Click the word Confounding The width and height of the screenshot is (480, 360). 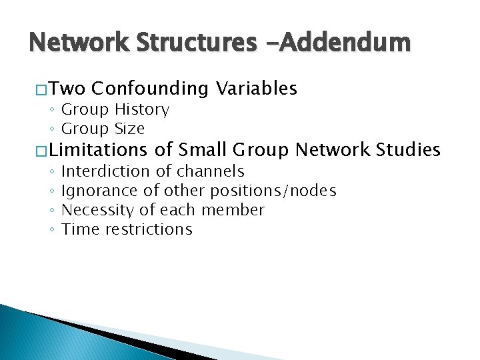coord(151,89)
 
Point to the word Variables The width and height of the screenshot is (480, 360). coord(257,89)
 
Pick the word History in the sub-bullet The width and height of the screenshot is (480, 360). coord(142,110)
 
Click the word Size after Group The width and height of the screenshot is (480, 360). coord(129,129)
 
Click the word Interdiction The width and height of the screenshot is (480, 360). coord(105,172)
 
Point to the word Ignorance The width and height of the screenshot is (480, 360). coord(100,191)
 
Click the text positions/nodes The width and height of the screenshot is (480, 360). coord(273,191)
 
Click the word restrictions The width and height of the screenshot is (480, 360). coord(152,230)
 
